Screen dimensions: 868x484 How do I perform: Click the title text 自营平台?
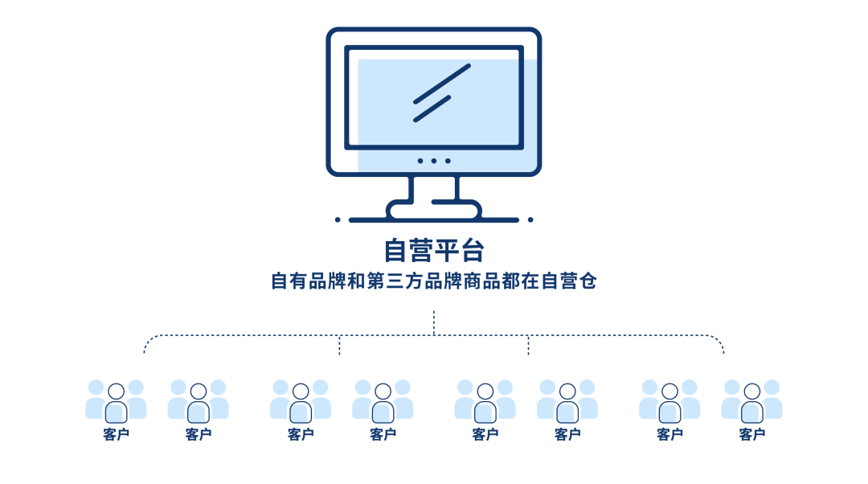click(433, 250)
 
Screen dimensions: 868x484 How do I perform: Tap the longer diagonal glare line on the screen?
click(441, 84)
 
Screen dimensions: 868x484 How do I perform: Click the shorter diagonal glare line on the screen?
click(432, 109)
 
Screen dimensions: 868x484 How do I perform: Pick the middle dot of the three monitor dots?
click(433, 161)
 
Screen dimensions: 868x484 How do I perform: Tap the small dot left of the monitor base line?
click(338, 219)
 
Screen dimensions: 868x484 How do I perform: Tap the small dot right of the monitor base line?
click(530, 219)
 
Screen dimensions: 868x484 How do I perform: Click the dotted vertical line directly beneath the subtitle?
click(434, 322)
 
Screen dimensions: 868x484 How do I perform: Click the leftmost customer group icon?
click(116, 400)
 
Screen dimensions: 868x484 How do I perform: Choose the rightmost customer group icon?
click(751, 400)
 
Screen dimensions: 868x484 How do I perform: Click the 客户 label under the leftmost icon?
click(116, 435)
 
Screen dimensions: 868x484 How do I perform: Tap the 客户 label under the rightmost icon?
click(751, 435)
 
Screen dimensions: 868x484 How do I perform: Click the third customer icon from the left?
click(301, 400)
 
